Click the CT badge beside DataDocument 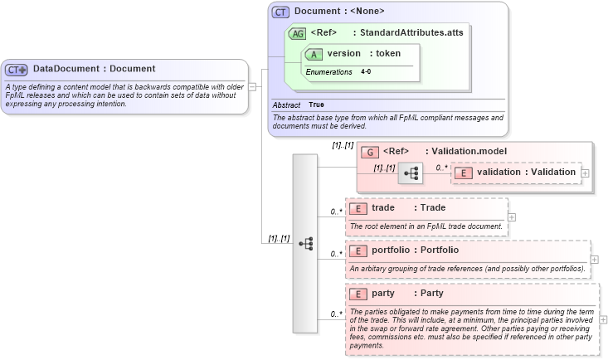[x=17, y=70]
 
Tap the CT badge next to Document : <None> [x=280, y=12]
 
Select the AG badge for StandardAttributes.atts [x=296, y=33]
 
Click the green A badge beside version [x=314, y=54]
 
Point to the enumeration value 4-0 [x=366, y=72]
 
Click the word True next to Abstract [x=316, y=105]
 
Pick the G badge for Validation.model [x=371, y=152]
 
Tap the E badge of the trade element [x=358, y=208]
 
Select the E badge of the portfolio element [x=358, y=251]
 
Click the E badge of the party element [x=358, y=294]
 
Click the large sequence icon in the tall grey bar [x=306, y=242]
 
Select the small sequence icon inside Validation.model [x=411, y=173]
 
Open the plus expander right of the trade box [x=512, y=217]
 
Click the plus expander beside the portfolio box [x=594, y=260]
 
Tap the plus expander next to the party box [x=602, y=319]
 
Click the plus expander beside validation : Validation [x=586, y=173]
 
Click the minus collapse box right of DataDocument [x=252, y=85]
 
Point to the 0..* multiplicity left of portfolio [x=336, y=254]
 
